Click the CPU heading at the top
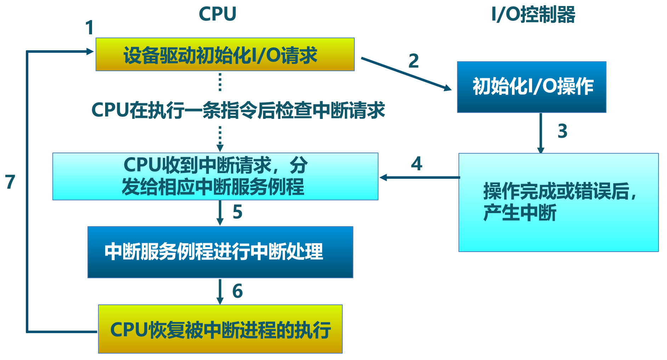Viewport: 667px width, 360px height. (217, 14)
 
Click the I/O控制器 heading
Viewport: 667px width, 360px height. (533, 15)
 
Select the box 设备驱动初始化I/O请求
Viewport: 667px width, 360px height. (225, 55)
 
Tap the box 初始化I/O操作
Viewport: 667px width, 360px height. (531, 87)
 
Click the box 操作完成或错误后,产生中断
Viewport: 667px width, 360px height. (558, 202)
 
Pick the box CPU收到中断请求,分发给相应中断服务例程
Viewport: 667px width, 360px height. (215, 176)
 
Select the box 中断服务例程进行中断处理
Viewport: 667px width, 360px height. (220, 252)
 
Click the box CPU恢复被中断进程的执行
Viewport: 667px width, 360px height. (220, 329)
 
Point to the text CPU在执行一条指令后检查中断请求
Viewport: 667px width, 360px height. (238, 110)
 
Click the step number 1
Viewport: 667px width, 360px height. (90, 28)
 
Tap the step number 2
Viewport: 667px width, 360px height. (414, 61)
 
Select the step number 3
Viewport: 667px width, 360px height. (562, 131)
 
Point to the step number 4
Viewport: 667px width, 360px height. (417, 164)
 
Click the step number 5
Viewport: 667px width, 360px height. (238, 212)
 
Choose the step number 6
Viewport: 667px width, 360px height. (238, 291)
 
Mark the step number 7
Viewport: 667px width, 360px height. (10, 182)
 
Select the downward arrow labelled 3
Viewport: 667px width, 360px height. (541, 133)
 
